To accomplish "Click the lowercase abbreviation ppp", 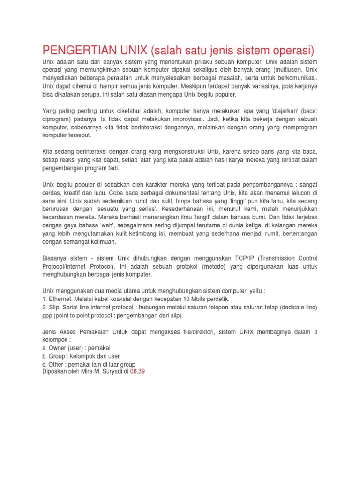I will (48, 315).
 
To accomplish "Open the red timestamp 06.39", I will (138, 372).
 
